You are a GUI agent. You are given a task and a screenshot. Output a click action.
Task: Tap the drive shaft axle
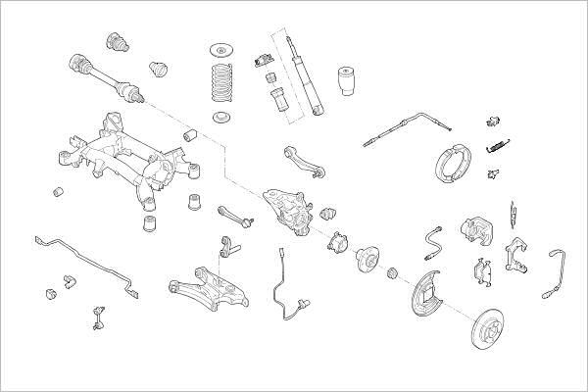103,75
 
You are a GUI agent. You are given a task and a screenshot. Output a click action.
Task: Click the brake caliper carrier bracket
518,256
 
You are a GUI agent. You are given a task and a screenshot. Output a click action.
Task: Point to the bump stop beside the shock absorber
344,82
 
